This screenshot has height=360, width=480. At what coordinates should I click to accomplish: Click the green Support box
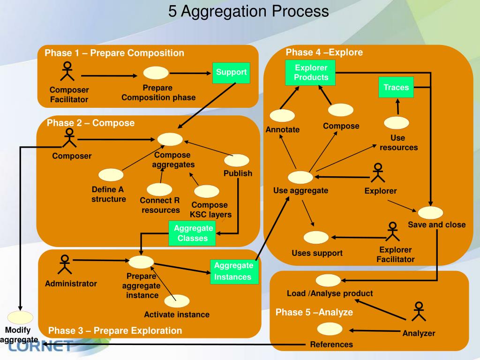231,73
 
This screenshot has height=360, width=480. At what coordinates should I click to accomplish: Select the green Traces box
396,87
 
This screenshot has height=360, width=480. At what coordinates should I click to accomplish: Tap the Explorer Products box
310,73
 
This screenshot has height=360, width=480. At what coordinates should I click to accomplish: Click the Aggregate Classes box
192,233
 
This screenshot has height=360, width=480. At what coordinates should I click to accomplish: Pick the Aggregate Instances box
234,271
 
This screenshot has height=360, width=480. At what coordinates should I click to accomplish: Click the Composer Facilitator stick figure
67,71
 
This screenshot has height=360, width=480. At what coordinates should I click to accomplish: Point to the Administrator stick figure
65,264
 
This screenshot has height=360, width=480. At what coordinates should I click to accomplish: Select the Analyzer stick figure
419,311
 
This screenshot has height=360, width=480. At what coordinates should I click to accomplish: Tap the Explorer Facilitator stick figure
392,232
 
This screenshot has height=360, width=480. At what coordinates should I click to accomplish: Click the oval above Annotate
282,115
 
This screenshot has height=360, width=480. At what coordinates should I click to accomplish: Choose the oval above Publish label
237,160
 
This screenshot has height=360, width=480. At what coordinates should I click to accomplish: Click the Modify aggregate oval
20,317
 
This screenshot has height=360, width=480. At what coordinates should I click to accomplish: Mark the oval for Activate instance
177,301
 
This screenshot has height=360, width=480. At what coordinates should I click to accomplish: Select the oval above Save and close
430,213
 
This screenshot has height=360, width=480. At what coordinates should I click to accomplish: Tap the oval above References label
330,329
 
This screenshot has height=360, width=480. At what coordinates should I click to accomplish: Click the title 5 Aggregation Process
248,11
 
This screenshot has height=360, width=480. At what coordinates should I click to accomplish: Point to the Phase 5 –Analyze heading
314,312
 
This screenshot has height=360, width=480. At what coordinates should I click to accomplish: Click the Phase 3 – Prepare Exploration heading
115,330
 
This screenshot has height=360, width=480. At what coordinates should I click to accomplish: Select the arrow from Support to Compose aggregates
207,105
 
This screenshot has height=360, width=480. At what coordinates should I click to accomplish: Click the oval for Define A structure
111,175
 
